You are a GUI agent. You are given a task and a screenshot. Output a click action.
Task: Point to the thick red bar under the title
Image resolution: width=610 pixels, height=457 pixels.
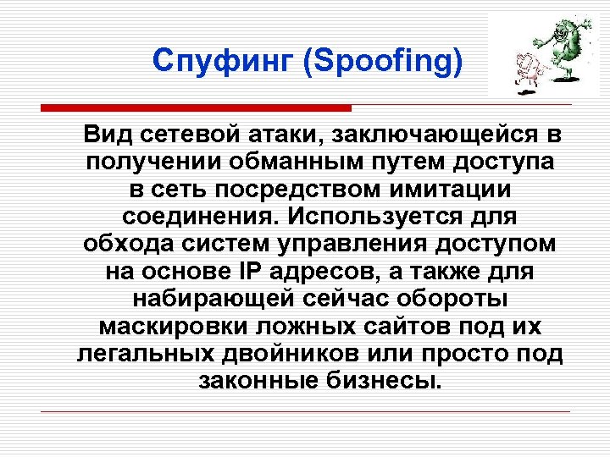click(x=196, y=108)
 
